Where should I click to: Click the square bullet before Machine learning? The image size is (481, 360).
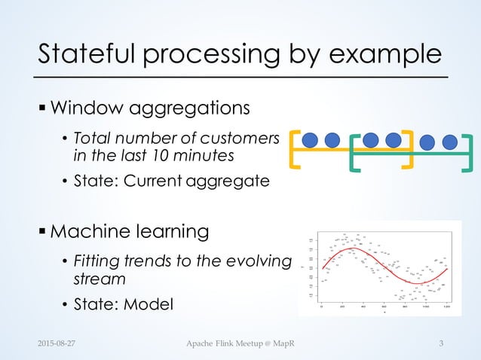42,230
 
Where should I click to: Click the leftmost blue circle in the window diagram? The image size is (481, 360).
312,140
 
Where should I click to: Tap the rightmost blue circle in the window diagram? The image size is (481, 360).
450,141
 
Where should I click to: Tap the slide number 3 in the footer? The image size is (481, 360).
443,344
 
